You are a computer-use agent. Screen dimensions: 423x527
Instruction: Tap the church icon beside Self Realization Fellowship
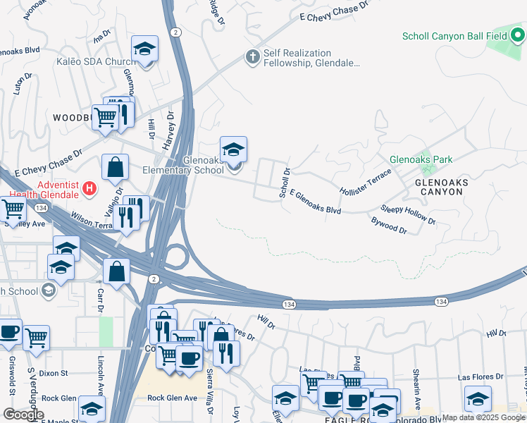(x=252, y=56)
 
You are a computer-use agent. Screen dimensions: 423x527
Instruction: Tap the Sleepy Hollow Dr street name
(x=409, y=215)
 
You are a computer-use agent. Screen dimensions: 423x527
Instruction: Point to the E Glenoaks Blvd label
(x=316, y=202)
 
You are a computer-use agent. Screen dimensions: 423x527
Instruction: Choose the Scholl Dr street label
(x=285, y=183)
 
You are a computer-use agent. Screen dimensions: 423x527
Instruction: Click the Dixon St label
(x=53, y=373)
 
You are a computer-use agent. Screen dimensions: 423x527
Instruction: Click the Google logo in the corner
(x=23, y=415)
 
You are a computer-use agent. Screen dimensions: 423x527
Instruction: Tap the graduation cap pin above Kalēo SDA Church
(x=144, y=49)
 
